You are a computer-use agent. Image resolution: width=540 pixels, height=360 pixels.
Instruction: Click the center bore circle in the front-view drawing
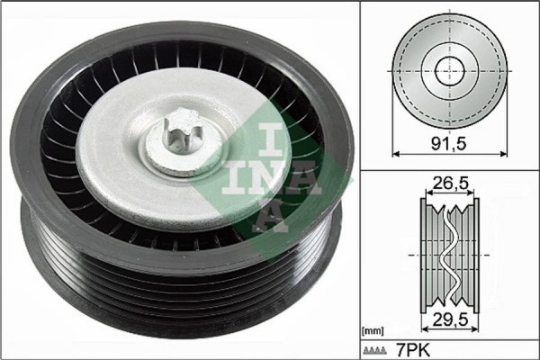(x=447, y=70)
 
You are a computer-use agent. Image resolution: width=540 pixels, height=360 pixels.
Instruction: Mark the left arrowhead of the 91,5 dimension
(x=397, y=154)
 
